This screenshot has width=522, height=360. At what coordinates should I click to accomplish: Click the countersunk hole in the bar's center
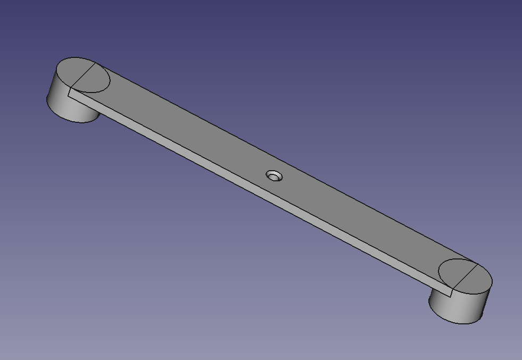click(x=275, y=175)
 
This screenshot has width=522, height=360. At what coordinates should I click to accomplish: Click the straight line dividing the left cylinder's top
click(x=83, y=75)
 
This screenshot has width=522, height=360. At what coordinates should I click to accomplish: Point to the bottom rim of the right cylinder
click(x=458, y=322)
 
